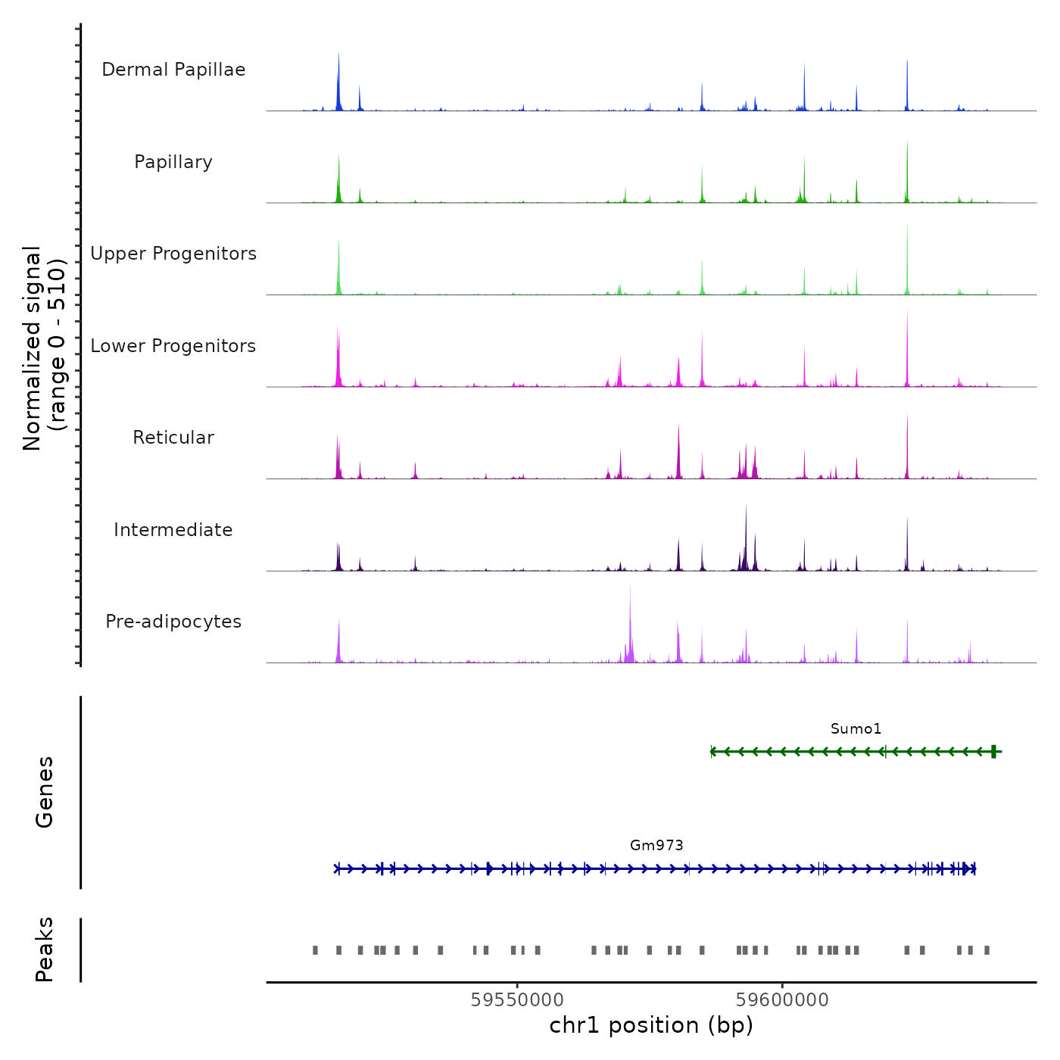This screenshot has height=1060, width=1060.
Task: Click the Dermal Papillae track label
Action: pyautogui.click(x=173, y=70)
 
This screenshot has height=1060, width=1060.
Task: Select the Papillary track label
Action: pyautogui.click(x=173, y=162)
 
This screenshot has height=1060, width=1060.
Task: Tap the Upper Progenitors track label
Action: pyautogui.click(x=173, y=254)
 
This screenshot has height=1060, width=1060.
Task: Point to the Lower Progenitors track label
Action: pyautogui.click(x=173, y=346)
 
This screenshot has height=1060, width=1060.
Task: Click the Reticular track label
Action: pyautogui.click(x=173, y=438)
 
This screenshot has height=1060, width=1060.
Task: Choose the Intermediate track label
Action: pyautogui.click(x=173, y=530)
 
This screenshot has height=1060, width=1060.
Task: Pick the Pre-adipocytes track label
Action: pyautogui.click(x=173, y=622)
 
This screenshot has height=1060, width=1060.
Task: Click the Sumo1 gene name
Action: pyautogui.click(x=856, y=729)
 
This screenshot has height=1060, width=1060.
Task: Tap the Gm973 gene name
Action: pyautogui.click(x=656, y=846)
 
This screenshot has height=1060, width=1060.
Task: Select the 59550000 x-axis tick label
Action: pyautogui.click(x=517, y=999)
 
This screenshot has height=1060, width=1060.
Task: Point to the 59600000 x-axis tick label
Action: pyautogui.click(x=782, y=999)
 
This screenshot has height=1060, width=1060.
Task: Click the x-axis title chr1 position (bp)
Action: pyautogui.click(x=651, y=1025)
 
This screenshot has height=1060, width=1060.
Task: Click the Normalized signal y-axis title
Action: pyautogui.click(x=44, y=348)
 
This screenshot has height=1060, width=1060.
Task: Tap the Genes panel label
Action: pyautogui.click(x=45, y=792)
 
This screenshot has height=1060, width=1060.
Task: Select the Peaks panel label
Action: pyautogui.click(x=45, y=949)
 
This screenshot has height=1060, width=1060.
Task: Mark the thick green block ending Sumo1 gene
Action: pyautogui.click(x=993, y=751)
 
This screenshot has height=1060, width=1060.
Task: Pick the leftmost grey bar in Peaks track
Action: pyautogui.click(x=315, y=950)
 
